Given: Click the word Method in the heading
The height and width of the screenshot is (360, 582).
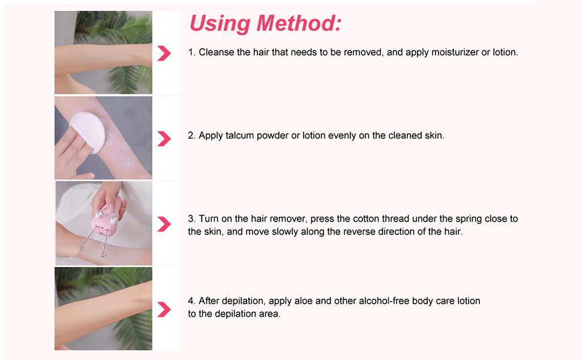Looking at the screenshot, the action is click(x=298, y=23).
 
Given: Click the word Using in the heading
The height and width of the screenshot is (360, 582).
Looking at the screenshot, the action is click(x=220, y=24).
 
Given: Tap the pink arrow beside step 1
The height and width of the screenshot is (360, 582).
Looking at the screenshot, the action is click(x=164, y=53).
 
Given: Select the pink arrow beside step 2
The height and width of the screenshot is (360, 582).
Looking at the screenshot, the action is click(x=164, y=139).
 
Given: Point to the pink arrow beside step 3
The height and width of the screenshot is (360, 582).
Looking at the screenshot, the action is click(x=164, y=224).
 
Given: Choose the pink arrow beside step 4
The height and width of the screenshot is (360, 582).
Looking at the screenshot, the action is click(x=164, y=310).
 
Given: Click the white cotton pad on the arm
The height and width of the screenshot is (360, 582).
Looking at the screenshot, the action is click(x=88, y=131).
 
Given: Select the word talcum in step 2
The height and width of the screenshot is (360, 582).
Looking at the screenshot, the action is click(x=239, y=136).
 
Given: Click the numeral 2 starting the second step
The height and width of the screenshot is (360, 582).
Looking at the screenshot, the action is click(x=190, y=136).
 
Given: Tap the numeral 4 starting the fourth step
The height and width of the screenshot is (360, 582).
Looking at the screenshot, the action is click(x=190, y=301).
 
